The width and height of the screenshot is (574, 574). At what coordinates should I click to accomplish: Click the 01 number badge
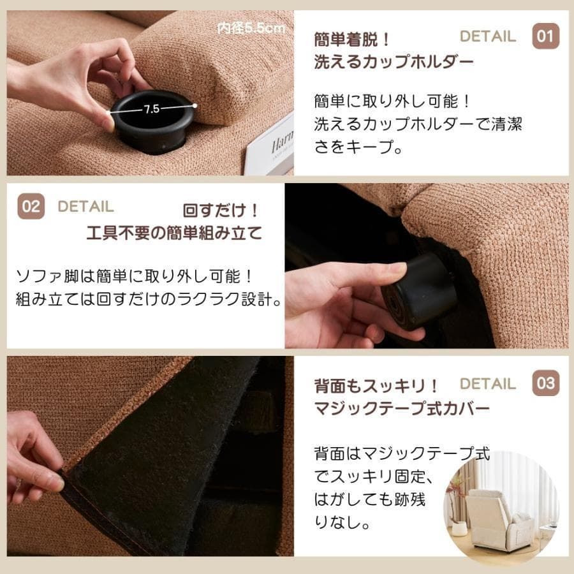click(545, 36)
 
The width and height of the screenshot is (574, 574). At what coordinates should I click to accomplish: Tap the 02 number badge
click(31, 206)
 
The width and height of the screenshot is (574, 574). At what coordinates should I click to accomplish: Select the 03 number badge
click(545, 383)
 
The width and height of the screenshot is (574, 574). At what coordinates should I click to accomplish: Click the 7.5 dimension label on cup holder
click(151, 109)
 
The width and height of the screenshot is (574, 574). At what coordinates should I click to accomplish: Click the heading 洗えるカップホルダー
click(394, 63)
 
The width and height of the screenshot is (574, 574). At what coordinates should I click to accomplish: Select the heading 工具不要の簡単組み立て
click(174, 233)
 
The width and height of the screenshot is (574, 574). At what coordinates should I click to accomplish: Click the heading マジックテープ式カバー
click(402, 408)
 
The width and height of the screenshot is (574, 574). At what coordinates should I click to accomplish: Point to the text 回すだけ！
click(221, 210)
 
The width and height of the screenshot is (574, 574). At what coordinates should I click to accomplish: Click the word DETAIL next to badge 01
click(487, 36)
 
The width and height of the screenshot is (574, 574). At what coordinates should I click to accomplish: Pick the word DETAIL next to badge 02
click(85, 207)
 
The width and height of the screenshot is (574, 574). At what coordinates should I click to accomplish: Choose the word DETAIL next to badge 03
click(487, 384)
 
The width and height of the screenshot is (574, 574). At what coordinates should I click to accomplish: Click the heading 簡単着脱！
click(352, 40)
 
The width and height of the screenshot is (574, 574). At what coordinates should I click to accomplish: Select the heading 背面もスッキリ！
click(376, 386)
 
